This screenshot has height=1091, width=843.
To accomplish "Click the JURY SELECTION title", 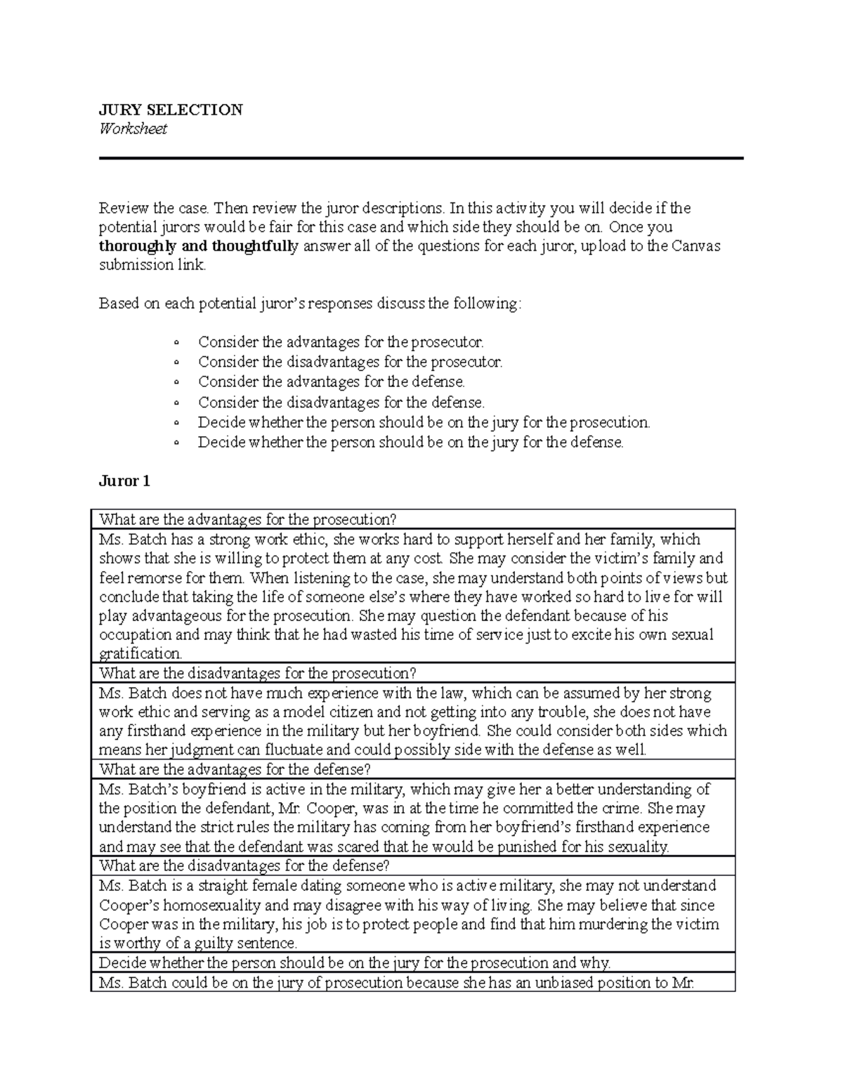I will (x=171, y=110).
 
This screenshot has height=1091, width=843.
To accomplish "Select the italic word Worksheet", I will (x=133, y=129).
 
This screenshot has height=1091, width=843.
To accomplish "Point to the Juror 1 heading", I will (x=124, y=481).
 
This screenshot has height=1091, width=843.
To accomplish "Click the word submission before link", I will (x=136, y=265).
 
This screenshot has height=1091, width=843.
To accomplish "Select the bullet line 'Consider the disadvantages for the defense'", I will (x=341, y=403).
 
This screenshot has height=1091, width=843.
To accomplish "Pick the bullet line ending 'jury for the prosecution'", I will (x=424, y=422).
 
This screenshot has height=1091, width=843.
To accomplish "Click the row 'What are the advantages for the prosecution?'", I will (x=248, y=520).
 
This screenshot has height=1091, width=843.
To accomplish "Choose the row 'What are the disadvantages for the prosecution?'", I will (x=258, y=674).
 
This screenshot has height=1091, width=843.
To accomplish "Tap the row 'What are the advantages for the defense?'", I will (x=235, y=769).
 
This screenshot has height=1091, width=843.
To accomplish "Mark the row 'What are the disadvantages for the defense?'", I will (x=244, y=865).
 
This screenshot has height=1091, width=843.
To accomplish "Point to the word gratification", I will (x=140, y=654).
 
